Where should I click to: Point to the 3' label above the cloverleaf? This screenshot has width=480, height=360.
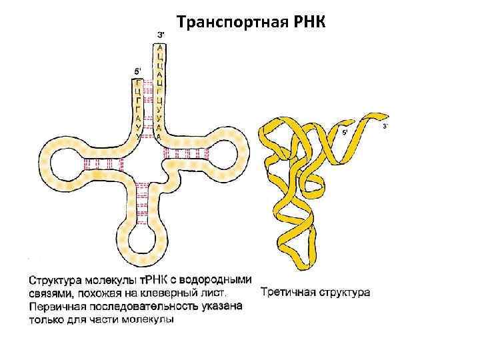160,34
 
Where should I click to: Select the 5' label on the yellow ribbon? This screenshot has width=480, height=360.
345,133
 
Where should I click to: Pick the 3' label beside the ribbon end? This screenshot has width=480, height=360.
386,126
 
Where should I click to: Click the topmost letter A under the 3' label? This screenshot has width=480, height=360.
159,47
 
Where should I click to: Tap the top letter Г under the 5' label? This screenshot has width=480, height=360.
138,83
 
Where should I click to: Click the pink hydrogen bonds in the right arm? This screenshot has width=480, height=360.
186,154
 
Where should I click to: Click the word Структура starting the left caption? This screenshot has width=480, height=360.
59,281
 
